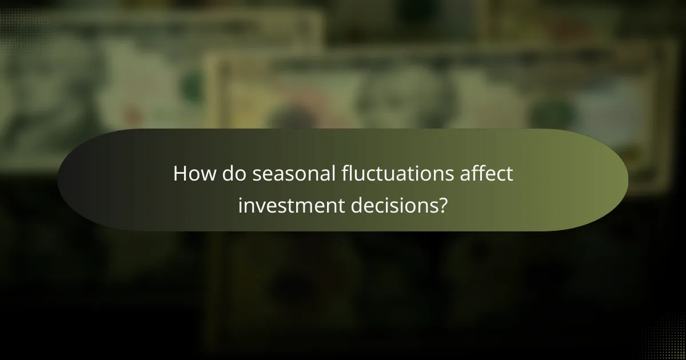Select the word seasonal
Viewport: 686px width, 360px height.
[291, 174]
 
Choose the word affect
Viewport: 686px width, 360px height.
[486, 174]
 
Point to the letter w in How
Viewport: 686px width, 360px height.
[209, 175]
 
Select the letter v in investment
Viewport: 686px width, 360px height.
[257, 205]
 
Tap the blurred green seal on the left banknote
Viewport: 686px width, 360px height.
[193, 86]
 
